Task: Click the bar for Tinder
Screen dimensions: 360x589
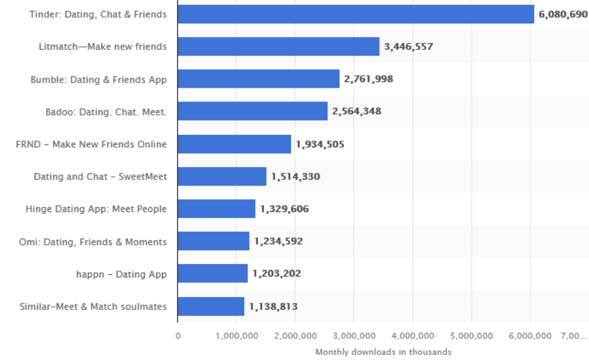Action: coord(355,14)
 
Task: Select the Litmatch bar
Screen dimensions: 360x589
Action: coord(278,46)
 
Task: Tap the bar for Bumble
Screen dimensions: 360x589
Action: coord(258,79)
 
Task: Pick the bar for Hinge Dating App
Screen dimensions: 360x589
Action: coord(216,209)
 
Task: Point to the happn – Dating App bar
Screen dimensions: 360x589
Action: coord(213,274)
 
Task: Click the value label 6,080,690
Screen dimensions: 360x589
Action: coord(563,14)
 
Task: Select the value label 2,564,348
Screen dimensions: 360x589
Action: coord(357,112)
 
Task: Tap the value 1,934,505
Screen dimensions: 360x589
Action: coord(320,144)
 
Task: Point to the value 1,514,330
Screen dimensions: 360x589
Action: coord(296,177)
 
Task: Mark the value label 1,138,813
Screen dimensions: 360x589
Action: coord(274,306)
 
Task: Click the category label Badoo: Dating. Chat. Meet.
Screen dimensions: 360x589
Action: coord(106,112)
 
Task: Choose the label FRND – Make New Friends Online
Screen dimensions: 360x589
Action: coord(91,144)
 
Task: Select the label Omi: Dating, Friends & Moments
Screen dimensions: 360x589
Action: coord(93,242)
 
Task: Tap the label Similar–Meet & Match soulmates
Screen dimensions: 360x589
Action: coord(93,306)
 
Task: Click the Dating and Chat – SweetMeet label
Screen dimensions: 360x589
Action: coord(100,177)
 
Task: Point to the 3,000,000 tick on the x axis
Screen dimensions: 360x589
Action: coord(354,336)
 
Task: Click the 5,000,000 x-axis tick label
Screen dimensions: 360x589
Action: coord(471,336)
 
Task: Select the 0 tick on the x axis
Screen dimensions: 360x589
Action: coord(178,336)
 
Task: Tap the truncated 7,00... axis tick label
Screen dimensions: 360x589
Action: coord(574,336)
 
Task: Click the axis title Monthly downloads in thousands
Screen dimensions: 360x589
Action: coord(383,352)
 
